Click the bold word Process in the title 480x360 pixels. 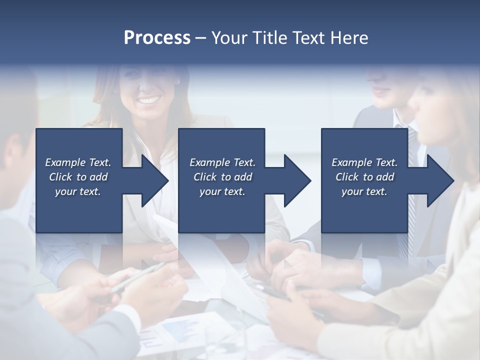157,37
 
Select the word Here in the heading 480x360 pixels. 349,38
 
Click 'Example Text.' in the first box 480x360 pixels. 78,162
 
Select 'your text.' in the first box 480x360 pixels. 78,191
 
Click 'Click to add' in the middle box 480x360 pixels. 222,177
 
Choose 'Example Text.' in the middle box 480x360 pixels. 222,162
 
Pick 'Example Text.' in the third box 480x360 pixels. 364,162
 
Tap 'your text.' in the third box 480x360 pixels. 364,191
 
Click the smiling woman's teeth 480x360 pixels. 148,100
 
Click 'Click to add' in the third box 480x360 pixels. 364,177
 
